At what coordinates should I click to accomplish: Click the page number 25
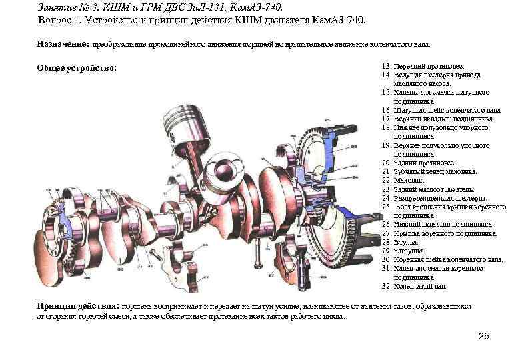[484, 334]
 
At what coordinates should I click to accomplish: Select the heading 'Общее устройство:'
[77, 68]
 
